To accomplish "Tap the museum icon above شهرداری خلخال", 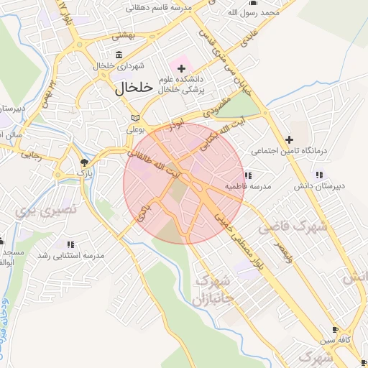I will (x=118, y=55).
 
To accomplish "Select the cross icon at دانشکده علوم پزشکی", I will (x=181, y=69).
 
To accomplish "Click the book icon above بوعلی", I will (x=136, y=119).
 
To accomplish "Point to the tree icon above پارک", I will (x=85, y=162).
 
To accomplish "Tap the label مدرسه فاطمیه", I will (x=248, y=186).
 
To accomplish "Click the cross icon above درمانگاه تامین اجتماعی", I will (x=289, y=139).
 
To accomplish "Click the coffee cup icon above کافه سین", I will (x=335, y=328).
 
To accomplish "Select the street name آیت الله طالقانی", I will (x=152, y=162).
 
